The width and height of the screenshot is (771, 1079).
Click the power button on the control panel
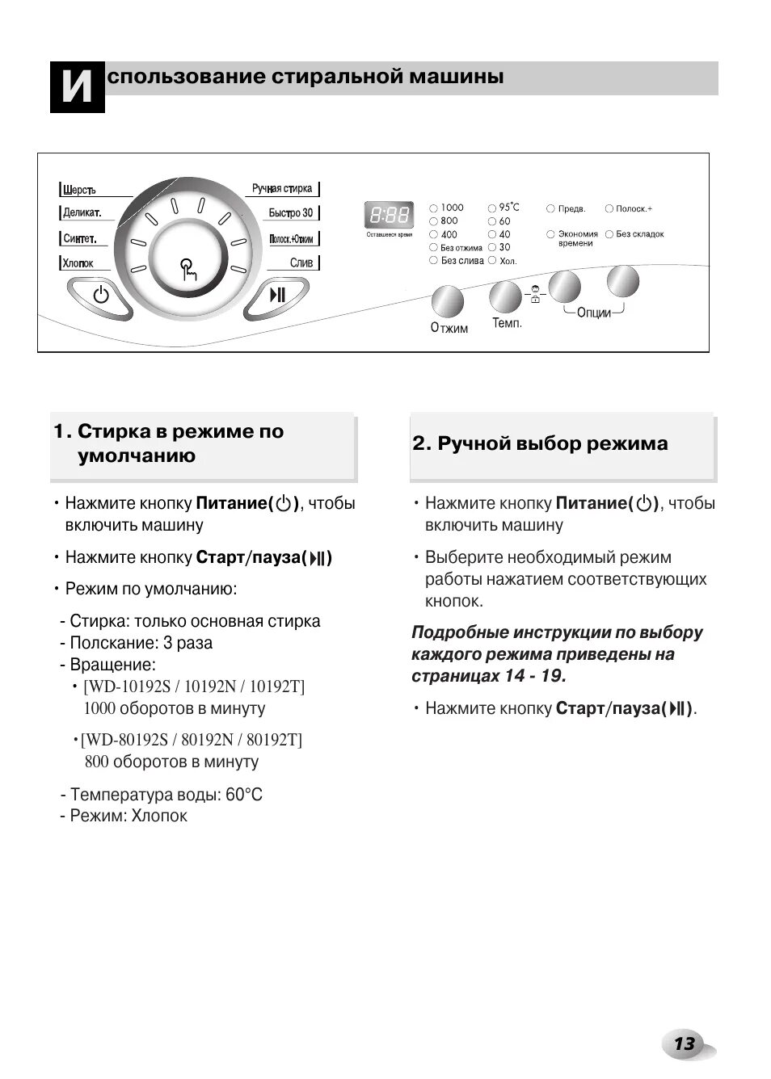pyautogui.click(x=101, y=295)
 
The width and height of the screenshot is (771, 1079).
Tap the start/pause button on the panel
pyautogui.click(x=277, y=295)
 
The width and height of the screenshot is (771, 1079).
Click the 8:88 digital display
pyautogui.click(x=390, y=216)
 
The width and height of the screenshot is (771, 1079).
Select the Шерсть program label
pyautogui.click(x=80, y=190)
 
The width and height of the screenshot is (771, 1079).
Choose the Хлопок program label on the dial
pyautogui.click(x=78, y=263)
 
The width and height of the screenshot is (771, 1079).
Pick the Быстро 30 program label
pyautogui.click(x=291, y=213)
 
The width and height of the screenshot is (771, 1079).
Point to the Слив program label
pyautogui.click(x=301, y=263)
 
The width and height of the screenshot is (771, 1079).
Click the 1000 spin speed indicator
pyautogui.click(x=434, y=208)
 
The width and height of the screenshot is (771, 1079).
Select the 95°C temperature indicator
pyautogui.click(x=492, y=208)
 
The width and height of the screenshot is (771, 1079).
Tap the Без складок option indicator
pyautogui.click(x=609, y=234)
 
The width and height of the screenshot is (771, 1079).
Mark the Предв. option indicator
pyautogui.click(x=550, y=209)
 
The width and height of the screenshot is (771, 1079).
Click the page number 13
pyautogui.click(x=684, y=1044)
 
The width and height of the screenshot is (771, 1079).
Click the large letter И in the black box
pyautogui.click(x=78, y=86)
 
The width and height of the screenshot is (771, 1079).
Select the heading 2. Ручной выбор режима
pyautogui.click(x=540, y=443)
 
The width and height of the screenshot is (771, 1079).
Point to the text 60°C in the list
pyautogui.click(x=244, y=795)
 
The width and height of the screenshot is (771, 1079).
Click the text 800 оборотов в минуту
pyautogui.click(x=171, y=762)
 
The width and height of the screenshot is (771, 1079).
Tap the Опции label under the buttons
pyautogui.click(x=594, y=313)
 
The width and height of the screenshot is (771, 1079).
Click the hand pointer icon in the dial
pyautogui.click(x=188, y=269)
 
